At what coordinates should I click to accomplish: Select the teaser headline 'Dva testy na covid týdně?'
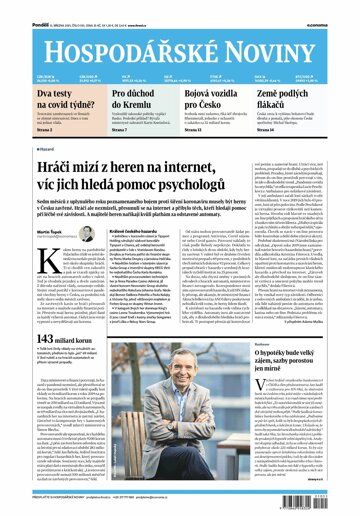[38, 97]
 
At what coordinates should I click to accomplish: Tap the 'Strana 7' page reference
[119, 128]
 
